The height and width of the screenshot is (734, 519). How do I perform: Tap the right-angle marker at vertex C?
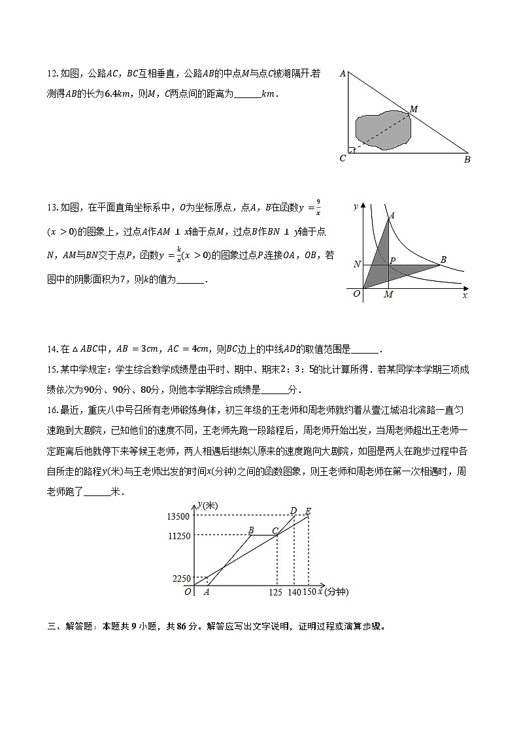[352, 150]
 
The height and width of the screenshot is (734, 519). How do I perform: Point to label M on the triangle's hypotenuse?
[413, 108]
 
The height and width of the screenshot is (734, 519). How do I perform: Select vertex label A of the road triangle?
[343, 74]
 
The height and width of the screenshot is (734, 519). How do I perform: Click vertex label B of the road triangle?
[467, 159]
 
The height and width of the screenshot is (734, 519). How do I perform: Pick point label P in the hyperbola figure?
[393, 260]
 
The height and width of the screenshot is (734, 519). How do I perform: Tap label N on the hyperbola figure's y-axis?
[356, 265]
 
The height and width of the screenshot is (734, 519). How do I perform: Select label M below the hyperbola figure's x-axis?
[388, 295]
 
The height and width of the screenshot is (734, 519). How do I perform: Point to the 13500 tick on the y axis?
[178, 516]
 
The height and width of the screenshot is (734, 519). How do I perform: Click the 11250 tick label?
[178, 536]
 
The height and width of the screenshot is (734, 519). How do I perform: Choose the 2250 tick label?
[180, 578]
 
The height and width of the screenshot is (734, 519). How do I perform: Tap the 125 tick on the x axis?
[276, 592]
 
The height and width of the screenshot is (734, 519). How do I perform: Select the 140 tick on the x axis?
[293, 592]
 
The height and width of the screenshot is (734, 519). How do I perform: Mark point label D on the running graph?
[293, 510]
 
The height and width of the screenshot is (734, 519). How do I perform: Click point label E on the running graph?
[308, 511]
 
